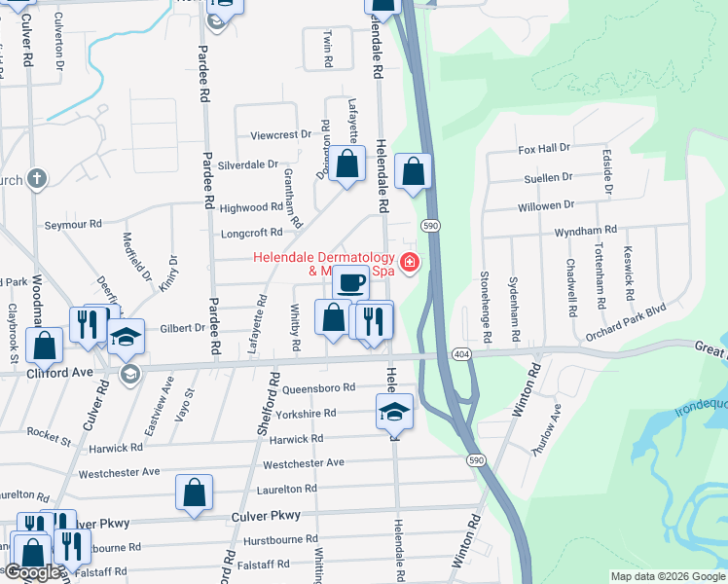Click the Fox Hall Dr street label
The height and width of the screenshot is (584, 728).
point(543,149)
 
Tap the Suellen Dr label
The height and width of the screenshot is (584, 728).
point(548,178)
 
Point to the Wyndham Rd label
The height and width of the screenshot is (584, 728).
point(585,230)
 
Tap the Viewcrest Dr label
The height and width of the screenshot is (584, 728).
point(280,134)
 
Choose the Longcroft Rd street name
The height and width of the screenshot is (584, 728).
point(251,233)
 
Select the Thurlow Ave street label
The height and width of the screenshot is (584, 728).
point(550,431)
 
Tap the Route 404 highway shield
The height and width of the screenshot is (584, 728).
point(461,354)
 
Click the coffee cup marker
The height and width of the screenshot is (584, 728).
point(351,282)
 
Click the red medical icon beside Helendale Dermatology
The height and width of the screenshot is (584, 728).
point(410,261)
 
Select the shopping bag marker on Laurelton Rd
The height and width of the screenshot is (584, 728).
point(194,493)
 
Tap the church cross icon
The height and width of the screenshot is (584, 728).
point(37,178)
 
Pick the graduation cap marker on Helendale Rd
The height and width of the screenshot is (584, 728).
point(394,412)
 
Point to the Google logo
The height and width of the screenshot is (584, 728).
point(33,572)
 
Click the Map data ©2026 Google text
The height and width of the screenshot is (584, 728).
point(668,576)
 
